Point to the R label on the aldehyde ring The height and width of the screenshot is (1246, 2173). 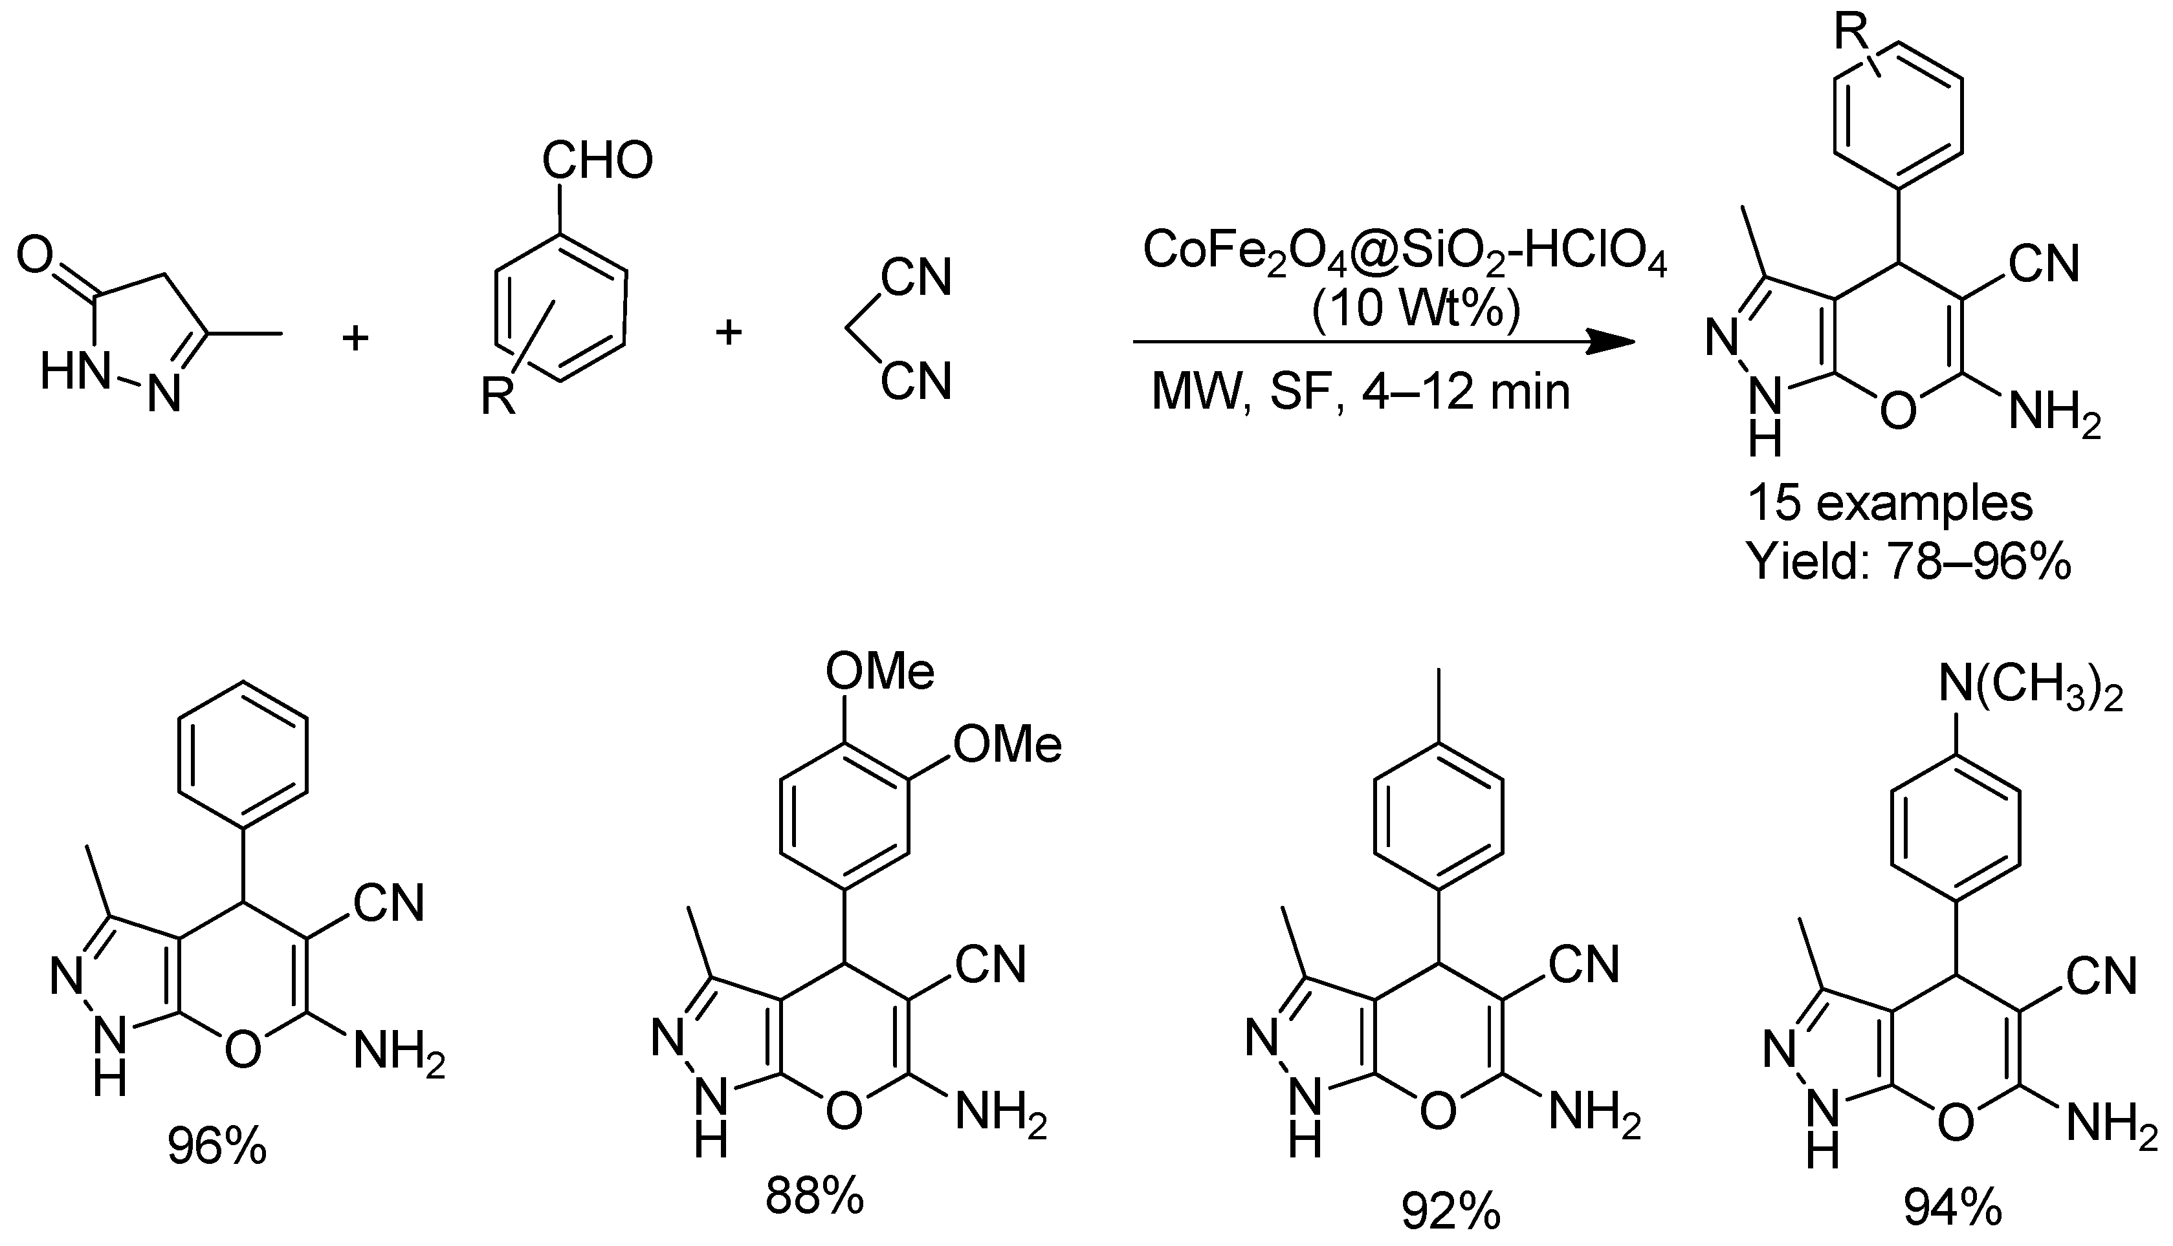click(498, 396)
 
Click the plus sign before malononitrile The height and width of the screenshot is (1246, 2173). click(729, 332)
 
